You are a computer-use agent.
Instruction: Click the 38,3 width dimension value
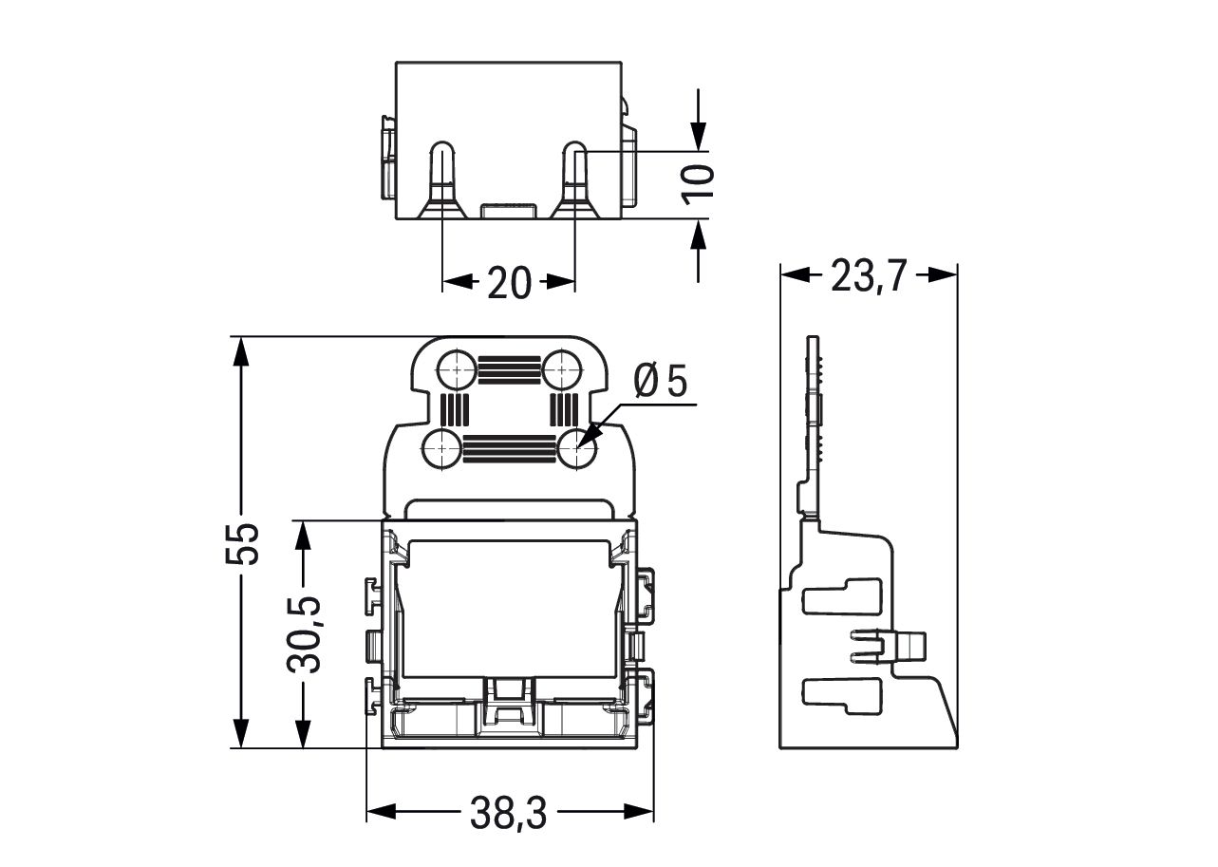pyautogui.click(x=508, y=813)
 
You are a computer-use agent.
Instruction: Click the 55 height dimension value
pyautogui.click(x=245, y=543)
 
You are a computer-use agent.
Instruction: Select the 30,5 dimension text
pyautogui.click(x=304, y=634)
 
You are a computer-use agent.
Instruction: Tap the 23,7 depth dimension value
pyautogui.click(x=869, y=276)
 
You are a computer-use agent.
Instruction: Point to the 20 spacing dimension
pyautogui.click(x=509, y=283)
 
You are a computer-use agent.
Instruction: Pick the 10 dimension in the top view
pyautogui.click(x=699, y=181)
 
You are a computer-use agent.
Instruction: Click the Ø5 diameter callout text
pyautogui.click(x=662, y=383)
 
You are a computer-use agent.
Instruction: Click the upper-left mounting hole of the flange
pyautogui.click(x=457, y=368)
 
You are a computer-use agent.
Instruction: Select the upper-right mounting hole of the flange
pyautogui.click(x=562, y=368)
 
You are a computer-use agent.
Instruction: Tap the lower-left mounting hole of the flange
pyautogui.click(x=441, y=448)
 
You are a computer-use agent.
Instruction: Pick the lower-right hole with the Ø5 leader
pyautogui.click(x=577, y=448)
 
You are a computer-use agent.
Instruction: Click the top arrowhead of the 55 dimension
pyautogui.click(x=242, y=351)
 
